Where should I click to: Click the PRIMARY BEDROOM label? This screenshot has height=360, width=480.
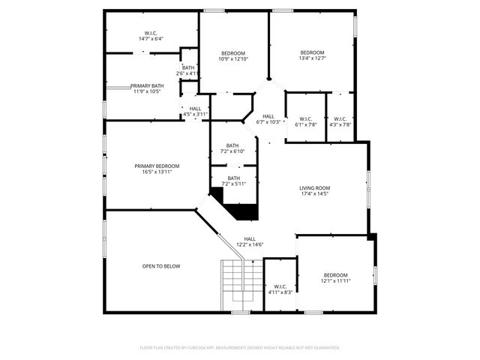(x=157, y=166)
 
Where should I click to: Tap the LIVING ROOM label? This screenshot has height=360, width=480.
(x=314, y=188)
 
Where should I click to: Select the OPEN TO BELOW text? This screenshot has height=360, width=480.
(x=161, y=266)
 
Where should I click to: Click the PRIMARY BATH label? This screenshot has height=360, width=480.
(x=147, y=86)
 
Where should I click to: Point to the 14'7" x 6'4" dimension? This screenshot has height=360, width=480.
(x=150, y=38)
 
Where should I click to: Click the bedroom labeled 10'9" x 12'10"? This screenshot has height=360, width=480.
(x=233, y=55)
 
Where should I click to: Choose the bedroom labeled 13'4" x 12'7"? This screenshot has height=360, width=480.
(x=312, y=55)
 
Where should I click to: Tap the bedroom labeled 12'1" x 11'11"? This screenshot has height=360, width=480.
(x=335, y=277)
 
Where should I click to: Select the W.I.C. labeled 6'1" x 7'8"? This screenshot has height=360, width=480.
(x=305, y=121)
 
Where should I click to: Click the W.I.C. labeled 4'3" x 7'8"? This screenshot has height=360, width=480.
(x=340, y=121)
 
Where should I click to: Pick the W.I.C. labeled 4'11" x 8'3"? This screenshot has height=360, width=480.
(x=280, y=289)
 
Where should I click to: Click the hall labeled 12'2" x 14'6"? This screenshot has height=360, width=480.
(x=250, y=241)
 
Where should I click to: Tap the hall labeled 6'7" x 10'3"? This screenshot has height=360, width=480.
(x=268, y=118)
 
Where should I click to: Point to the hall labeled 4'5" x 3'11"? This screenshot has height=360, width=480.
(x=195, y=111)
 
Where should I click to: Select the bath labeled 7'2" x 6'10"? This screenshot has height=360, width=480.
(x=232, y=148)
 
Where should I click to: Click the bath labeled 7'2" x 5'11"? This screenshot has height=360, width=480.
(x=234, y=181)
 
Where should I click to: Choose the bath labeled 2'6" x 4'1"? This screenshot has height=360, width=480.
(x=187, y=70)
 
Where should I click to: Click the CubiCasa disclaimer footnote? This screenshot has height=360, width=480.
(x=240, y=347)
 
